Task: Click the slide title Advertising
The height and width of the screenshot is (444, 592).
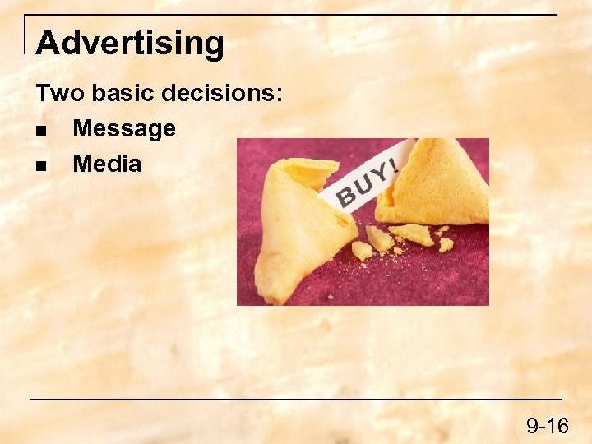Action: [x=130, y=43]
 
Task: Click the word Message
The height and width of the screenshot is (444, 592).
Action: [x=124, y=128]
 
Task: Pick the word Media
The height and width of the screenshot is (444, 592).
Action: [x=107, y=164]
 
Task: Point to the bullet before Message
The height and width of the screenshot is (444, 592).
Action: [x=40, y=130]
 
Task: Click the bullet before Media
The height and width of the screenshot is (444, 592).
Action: [x=40, y=165]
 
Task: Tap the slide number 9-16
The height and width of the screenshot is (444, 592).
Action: [x=548, y=425]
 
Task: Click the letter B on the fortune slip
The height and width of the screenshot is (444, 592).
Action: [x=348, y=197]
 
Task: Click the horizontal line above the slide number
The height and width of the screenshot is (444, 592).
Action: [x=296, y=400]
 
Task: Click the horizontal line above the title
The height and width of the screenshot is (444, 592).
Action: [x=296, y=15]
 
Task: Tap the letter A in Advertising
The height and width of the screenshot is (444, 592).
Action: [x=48, y=43]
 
